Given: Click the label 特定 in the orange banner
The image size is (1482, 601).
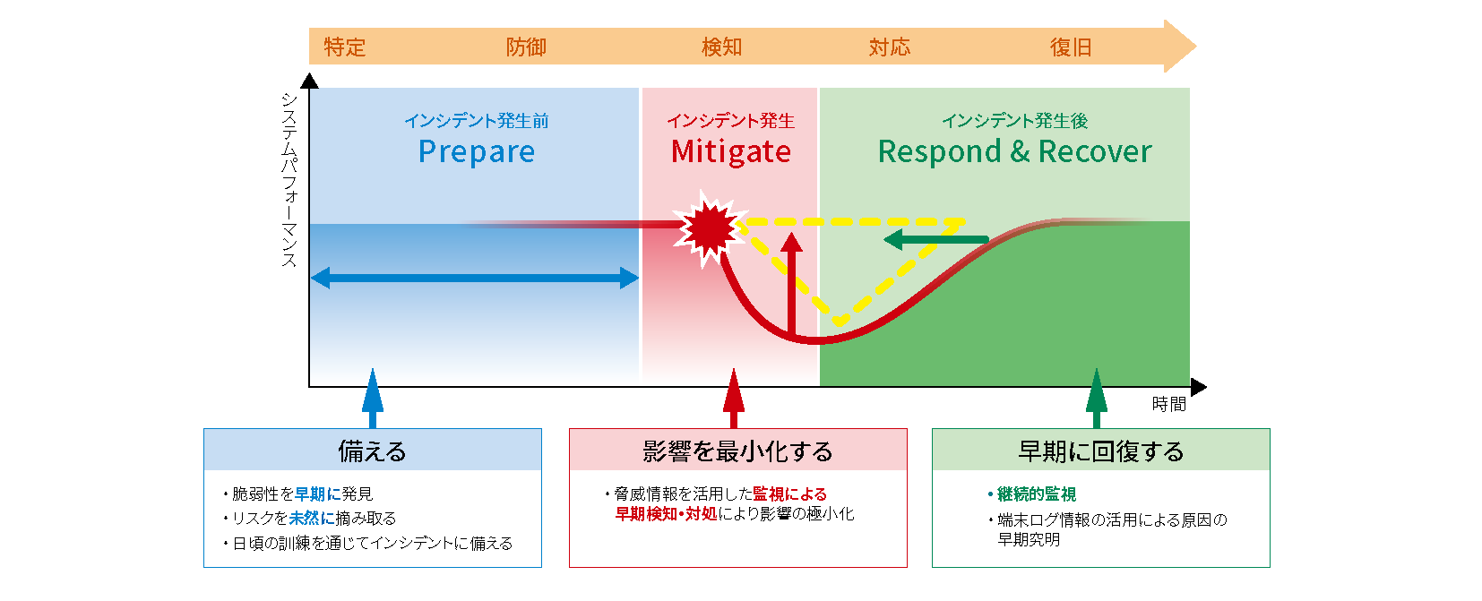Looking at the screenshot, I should (x=345, y=47).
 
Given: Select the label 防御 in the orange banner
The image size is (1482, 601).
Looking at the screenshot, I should (x=526, y=47).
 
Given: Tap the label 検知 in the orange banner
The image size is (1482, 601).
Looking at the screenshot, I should (x=721, y=47).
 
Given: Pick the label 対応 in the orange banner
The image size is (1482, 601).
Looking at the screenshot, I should (x=890, y=47).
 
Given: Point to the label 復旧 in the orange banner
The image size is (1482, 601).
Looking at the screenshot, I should (x=1071, y=47).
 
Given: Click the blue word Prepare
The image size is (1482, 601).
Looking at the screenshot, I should (x=477, y=152).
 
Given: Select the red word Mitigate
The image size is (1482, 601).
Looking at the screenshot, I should (x=731, y=152).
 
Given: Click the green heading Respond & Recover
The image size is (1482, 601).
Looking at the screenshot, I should (x=1014, y=152).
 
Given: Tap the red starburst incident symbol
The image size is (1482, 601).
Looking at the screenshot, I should (x=710, y=228).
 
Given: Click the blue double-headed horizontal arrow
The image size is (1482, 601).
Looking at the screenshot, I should (x=475, y=279).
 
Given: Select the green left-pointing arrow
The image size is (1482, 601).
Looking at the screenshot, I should (x=935, y=240).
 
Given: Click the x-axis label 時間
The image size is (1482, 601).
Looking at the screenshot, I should (x=1168, y=405).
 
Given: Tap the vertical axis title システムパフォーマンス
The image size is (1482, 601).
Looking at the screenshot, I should (x=289, y=179).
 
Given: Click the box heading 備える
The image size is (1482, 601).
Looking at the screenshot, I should (x=372, y=451).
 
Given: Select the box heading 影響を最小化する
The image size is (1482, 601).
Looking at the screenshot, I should (x=737, y=451).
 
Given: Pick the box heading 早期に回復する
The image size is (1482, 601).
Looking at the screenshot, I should (x=1100, y=451).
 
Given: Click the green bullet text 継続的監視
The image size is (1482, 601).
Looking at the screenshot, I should (x=1036, y=494).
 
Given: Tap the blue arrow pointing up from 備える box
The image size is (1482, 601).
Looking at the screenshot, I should (x=373, y=399).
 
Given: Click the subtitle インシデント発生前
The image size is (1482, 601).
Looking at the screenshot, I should (x=477, y=121).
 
